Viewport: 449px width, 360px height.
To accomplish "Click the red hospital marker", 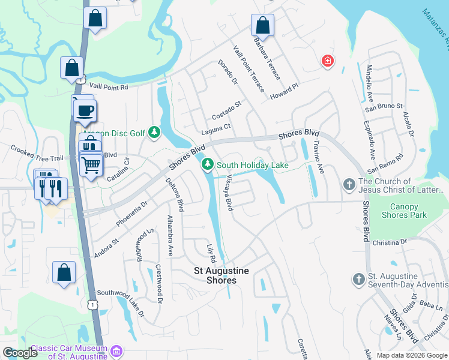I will (x=328, y=61).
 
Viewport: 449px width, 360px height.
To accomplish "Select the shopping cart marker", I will (x=91, y=163).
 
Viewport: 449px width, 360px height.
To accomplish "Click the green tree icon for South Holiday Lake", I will (x=208, y=164).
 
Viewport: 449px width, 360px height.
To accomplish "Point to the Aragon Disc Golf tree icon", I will (x=154, y=131).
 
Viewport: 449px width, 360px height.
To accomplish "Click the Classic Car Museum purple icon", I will (x=117, y=351).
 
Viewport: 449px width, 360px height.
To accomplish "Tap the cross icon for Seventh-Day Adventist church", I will (x=358, y=279).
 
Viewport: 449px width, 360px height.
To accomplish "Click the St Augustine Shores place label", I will (x=214, y=275).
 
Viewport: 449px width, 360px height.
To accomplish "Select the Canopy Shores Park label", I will (x=404, y=211).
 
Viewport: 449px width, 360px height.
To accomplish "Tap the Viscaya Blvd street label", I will (x=229, y=192).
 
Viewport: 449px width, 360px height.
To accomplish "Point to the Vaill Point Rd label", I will (x=107, y=87).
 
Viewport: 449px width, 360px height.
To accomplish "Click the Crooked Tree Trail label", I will (x=37, y=154).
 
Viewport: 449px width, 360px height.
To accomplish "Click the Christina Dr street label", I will (x=390, y=242).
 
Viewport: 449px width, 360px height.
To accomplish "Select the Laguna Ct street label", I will (x=215, y=127).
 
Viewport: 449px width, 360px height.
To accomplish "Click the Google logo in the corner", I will (x=20, y=353).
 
